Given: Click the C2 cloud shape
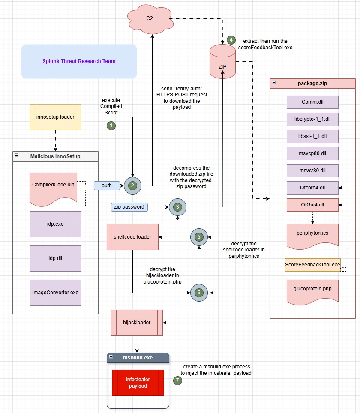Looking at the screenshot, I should (150, 18).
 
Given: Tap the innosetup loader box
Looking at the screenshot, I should (55, 117).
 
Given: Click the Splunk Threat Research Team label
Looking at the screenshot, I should (79, 61).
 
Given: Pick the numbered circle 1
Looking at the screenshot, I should (111, 126).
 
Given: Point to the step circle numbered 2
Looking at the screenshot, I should (133, 186).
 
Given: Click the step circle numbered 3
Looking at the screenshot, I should (177, 207).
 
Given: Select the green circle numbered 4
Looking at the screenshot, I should (231, 39).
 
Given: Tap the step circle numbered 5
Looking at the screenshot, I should (199, 236).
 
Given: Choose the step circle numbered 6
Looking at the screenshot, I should (198, 292).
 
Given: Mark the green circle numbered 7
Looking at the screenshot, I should (177, 380).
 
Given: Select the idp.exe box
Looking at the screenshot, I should (55, 224).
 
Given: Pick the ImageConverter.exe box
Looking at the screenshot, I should (55, 293).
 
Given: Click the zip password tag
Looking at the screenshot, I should (129, 207).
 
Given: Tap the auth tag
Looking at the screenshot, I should (107, 186).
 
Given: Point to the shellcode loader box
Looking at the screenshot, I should (132, 236).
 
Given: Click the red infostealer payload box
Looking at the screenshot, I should (138, 383).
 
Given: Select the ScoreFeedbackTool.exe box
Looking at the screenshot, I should (312, 265).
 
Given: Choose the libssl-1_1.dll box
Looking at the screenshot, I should (312, 136).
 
